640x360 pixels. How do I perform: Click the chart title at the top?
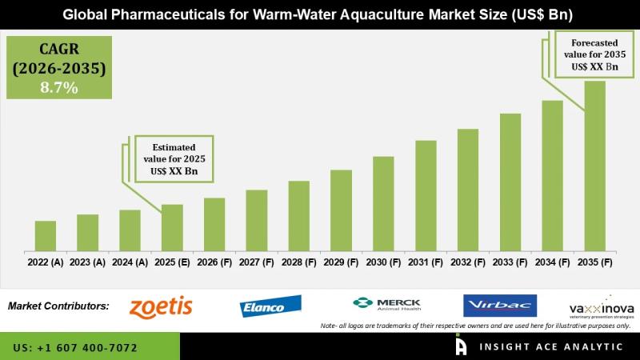pyautogui.click(x=320, y=14)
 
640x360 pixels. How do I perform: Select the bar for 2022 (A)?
pyautogui.click(x=46, y=236)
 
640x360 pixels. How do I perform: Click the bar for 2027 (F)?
pyautogui.click(x=256, y=220)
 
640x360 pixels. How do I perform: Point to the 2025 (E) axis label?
pyautogui.click(x=172, y=262)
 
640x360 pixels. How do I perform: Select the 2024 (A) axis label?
pyautogui.click(x=130, y=262)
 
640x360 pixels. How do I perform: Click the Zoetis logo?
pyautogui.click(x=161, y=306)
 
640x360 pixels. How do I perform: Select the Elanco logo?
pyautogui.click(x=270, y=306)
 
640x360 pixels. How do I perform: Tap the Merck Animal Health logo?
pyautogui.click(x=386, y=305)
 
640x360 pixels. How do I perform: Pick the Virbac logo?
pyautogui.click(x=499, y=306)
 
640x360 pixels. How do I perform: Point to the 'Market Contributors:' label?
pyautogui.click(x=58, y=306)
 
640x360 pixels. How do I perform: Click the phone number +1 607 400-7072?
pyautogui.click(x=75, y=348)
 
